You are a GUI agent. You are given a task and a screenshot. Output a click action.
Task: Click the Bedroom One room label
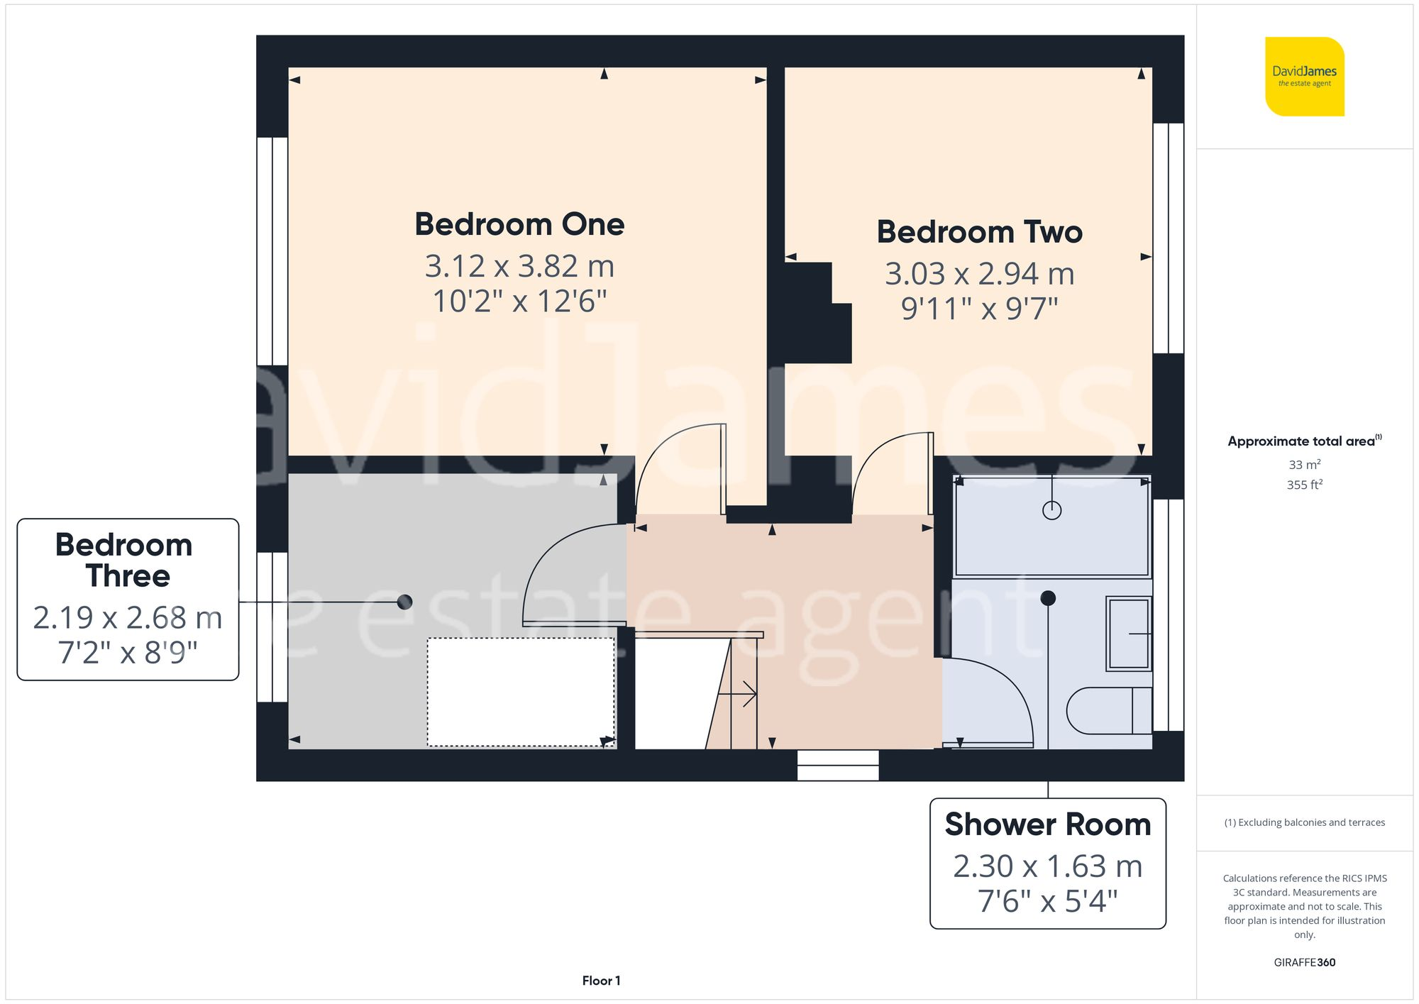coord(519,225)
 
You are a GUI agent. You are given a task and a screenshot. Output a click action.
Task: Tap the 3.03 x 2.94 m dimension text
coord(979,274)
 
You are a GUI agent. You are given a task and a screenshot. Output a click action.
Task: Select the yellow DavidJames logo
coord(1304,77)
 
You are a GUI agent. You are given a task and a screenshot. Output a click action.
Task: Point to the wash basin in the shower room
coord(1128,634)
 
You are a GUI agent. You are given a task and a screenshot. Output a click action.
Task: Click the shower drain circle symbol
coord(1051,510)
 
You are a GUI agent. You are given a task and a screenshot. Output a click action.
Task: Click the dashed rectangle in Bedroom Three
coord(521,692)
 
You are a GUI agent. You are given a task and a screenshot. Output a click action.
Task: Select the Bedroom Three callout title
coord(125,561)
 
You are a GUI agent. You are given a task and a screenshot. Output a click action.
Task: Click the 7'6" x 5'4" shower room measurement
coord(1047,902)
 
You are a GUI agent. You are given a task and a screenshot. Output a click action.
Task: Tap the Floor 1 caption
coord(601,981)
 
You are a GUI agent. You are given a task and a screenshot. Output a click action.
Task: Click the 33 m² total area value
coord(1304,465)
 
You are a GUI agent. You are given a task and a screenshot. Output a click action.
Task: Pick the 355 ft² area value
coord(1304,485)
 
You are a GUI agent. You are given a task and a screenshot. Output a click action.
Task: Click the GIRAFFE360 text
coord(1304,962)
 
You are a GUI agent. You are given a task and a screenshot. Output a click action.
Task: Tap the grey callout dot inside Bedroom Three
coord(404,602)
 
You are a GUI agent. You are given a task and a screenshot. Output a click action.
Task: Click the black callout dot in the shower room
coord(1048,598)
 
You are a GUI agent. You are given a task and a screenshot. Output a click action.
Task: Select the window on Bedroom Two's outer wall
coord(1168,238)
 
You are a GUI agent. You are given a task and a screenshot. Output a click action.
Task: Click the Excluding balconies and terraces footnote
coord(1304,822)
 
